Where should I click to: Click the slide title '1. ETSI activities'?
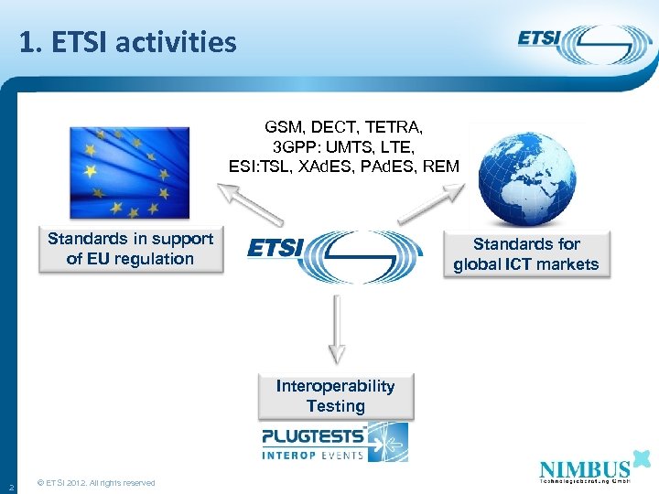coord(127,41)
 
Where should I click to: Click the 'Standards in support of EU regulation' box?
coord(130,249)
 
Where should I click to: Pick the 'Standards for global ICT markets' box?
coord(525,254)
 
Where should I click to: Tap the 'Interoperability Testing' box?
coord(335,396)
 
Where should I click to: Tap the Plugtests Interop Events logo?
coord(334,442)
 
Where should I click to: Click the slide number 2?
coord(10,484)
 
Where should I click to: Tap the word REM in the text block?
coord(440,166)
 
